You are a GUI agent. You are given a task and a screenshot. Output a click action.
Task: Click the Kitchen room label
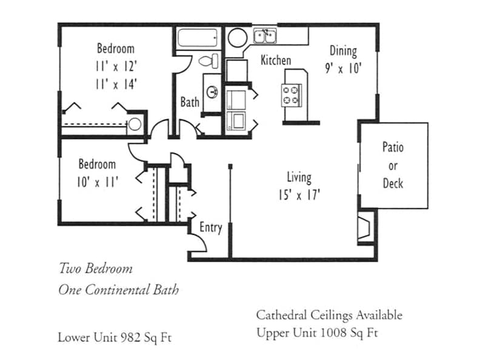coord(275,61)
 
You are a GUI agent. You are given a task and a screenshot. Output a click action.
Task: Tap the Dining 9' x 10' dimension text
coord(343,69)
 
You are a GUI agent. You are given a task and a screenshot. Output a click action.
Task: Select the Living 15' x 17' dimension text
coord(299,195)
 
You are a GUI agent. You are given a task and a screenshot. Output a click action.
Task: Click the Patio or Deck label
coord(393,165)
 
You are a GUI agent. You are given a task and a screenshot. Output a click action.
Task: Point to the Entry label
coord(211,228)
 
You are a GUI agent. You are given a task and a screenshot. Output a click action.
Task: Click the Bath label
coord(190,102)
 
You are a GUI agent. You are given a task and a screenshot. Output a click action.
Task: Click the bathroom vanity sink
coord(213,92)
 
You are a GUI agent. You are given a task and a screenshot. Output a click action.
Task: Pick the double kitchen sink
coord(266,36)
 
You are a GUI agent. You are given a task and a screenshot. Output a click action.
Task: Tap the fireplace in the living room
coord(366,226)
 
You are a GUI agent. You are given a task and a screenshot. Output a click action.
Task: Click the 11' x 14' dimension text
coord(115,84)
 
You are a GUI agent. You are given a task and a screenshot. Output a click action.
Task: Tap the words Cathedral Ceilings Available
coord(329,315)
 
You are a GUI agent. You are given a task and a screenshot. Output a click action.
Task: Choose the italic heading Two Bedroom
coord(95,268)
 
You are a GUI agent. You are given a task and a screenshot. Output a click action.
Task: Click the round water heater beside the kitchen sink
coord(236,37)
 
